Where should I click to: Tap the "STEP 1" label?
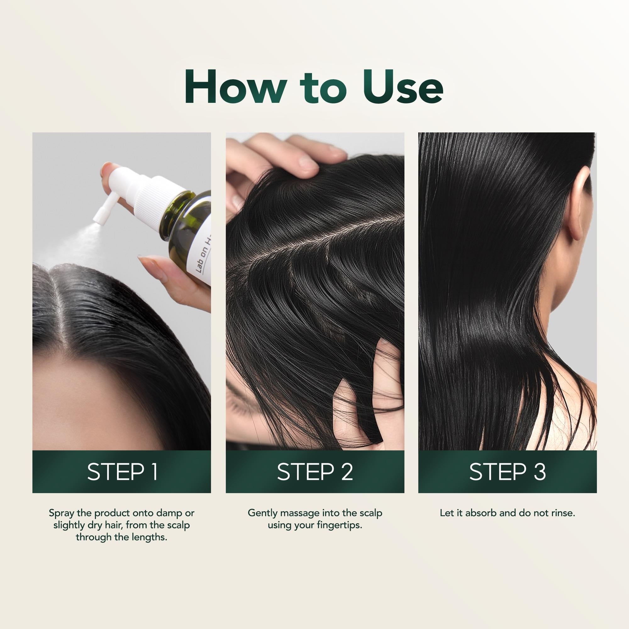[x=122, y=472]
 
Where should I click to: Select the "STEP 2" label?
[x=315, y=472]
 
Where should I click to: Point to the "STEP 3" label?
[x=507, y=472]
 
